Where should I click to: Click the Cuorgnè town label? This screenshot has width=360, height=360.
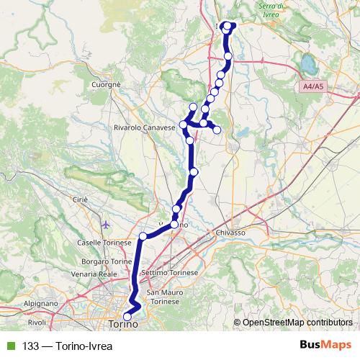(105, 84)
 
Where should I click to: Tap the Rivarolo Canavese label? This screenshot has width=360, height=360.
(145, 127)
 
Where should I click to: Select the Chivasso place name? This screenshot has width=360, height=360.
(230, 233)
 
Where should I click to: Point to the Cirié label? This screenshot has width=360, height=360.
(79, 199)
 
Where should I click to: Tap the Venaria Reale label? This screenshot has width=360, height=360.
(97, 274)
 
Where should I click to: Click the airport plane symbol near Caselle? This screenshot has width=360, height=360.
(107, 224)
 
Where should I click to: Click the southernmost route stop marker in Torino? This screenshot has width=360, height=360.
(127, 316)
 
